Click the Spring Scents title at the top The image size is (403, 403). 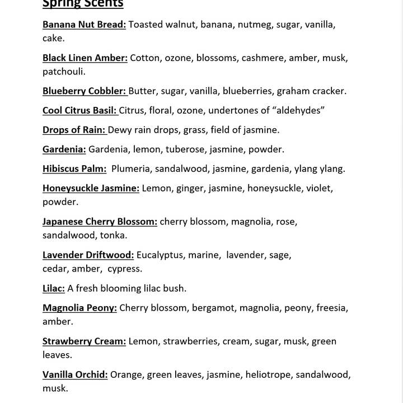pos(83,4)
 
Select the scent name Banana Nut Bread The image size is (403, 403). pos(84,25)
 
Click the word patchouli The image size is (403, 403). pos(64,72)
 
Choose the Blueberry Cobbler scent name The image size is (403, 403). pos(84,91)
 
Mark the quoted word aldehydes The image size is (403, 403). pos(297,110)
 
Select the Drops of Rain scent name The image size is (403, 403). pos(74,130)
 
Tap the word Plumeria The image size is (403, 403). pos(132,168)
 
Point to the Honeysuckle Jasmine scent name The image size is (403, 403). pos(91,188)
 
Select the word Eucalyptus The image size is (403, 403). pos(160,255)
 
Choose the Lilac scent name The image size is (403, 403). pos(54,288)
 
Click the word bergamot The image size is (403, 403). pos(212,308)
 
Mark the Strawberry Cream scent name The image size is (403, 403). pos(84,341)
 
